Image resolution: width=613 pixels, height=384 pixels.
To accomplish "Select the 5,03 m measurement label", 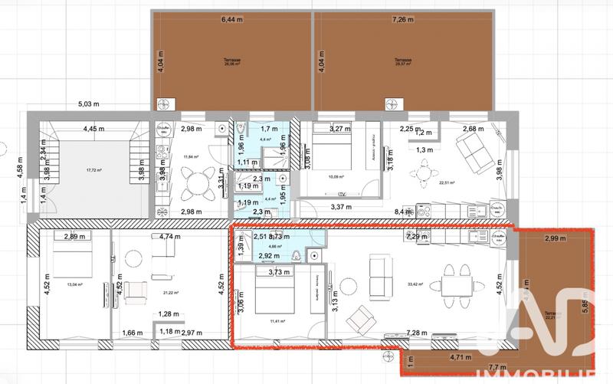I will [x=91, y=105].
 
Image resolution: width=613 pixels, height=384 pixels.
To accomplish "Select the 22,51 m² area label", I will [x=446, y=183].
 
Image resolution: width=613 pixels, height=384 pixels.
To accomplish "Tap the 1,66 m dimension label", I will [x=133, y=333].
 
